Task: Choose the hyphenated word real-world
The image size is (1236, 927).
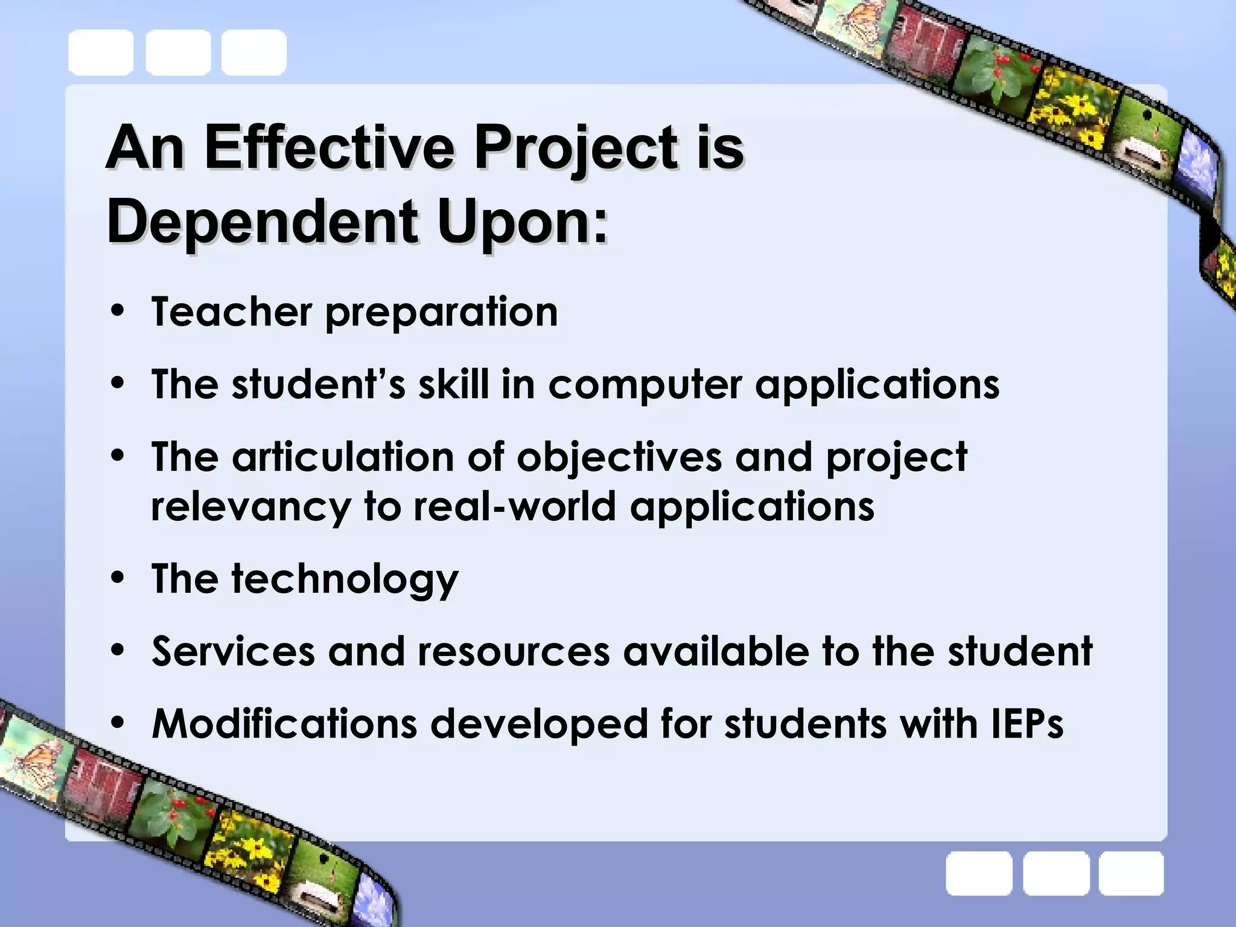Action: (515, 506)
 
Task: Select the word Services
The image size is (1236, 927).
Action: (233, 651)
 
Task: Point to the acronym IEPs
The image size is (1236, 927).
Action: (1027, 724)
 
